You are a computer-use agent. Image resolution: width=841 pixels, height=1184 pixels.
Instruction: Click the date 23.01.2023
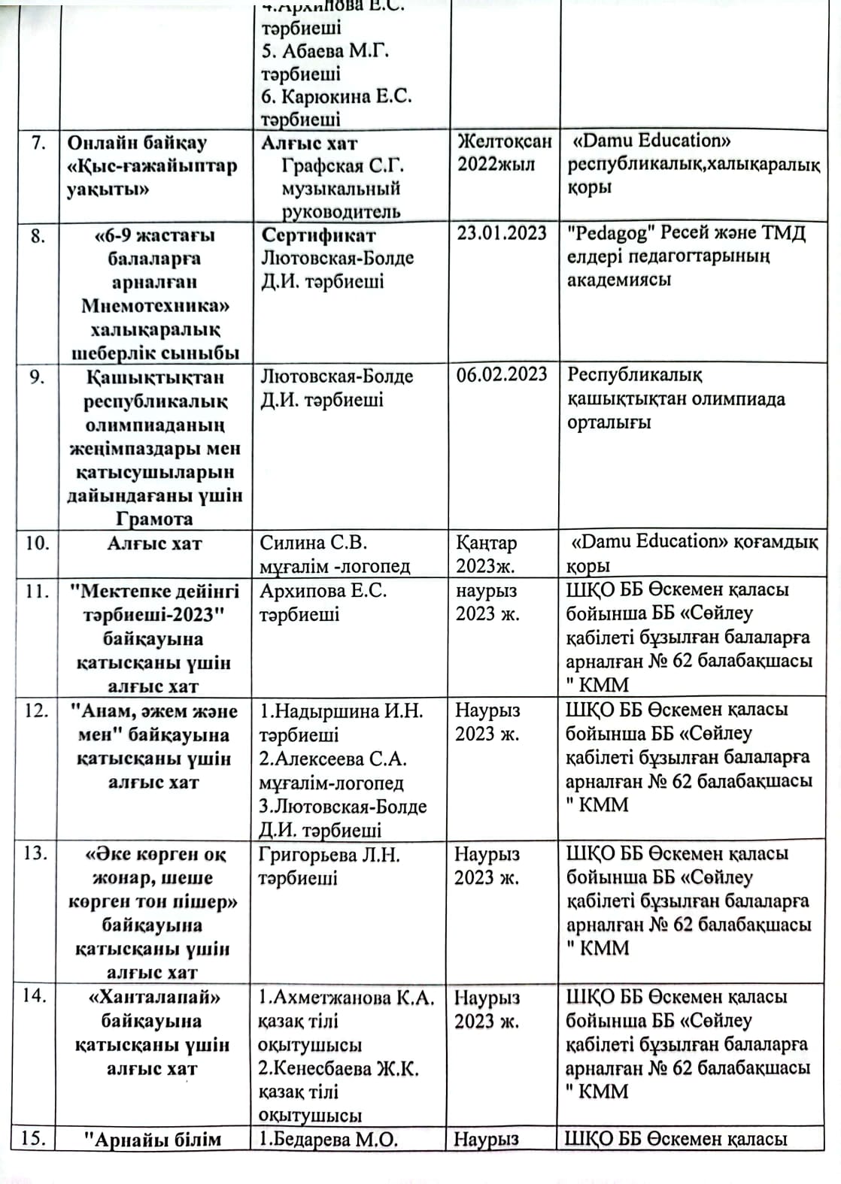[502, 233]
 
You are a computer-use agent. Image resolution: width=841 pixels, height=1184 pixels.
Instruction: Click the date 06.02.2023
[502, 374]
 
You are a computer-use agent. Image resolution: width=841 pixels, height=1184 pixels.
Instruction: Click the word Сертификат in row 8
[318, 235]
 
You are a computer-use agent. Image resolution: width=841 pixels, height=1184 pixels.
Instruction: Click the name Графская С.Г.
[342, 165]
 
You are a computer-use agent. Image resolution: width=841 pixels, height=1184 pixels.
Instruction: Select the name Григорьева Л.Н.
[329, 855]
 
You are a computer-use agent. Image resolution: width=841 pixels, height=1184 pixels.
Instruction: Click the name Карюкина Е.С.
[345, 96]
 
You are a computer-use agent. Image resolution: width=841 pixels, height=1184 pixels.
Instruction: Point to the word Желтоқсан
[504, 141]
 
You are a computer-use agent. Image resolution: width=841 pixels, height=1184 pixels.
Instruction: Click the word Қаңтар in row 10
[486, 543]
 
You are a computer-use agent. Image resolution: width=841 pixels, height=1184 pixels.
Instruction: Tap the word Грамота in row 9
[154, 519]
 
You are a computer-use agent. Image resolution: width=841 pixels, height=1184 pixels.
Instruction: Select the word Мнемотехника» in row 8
[155, 306]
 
